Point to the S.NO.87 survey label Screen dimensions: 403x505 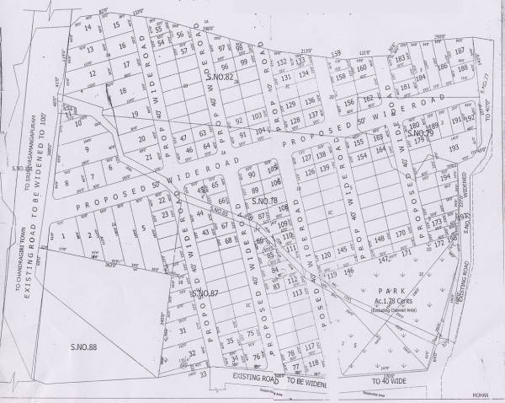click(205, 292)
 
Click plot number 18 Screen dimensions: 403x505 click(123, 90)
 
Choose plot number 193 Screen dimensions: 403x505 click(453, 148)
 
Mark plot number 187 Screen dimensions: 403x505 click(460, 51)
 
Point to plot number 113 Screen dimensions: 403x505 click(296, 291)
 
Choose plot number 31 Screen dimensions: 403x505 click(183, 330)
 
